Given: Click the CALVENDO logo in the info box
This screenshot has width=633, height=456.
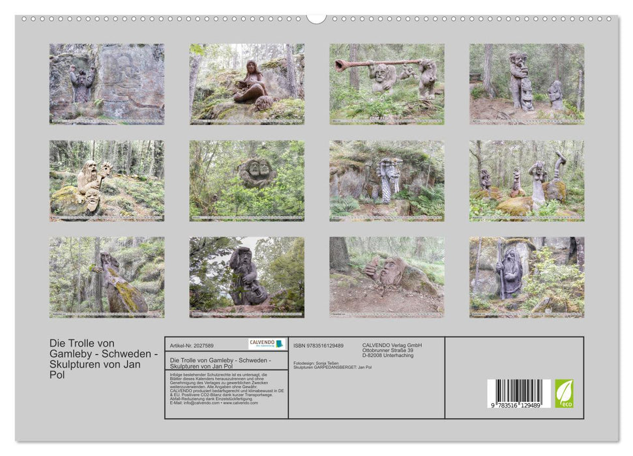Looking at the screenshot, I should [x=267, y=344].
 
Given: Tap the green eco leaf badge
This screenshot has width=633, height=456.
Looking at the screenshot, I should [x=565, y=393].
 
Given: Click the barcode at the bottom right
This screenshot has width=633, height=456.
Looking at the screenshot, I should [x=519, y=393].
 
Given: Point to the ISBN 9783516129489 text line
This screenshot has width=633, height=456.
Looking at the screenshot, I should [x=318, y=345].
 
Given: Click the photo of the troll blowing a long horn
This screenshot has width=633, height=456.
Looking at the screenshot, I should [x=387, y=84].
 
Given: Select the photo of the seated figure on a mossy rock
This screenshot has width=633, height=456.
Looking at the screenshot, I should [x=246, y=84].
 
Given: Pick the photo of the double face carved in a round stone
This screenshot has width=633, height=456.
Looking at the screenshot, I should [x=246, y=180].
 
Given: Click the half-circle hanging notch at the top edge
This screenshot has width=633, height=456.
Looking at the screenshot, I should [x=316, y=18].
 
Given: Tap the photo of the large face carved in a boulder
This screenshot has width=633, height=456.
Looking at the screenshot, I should [x=387, y=277].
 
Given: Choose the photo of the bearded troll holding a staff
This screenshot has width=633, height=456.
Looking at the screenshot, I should [x=526, y=277].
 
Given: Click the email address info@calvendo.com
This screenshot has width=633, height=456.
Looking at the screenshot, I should [x=195, y=403].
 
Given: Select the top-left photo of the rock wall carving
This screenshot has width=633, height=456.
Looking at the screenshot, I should [x=106, y=84].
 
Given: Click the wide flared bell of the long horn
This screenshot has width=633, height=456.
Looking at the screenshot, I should [x=341, y=65].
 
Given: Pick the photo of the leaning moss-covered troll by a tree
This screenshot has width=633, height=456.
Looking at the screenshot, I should [x=106, y=277].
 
